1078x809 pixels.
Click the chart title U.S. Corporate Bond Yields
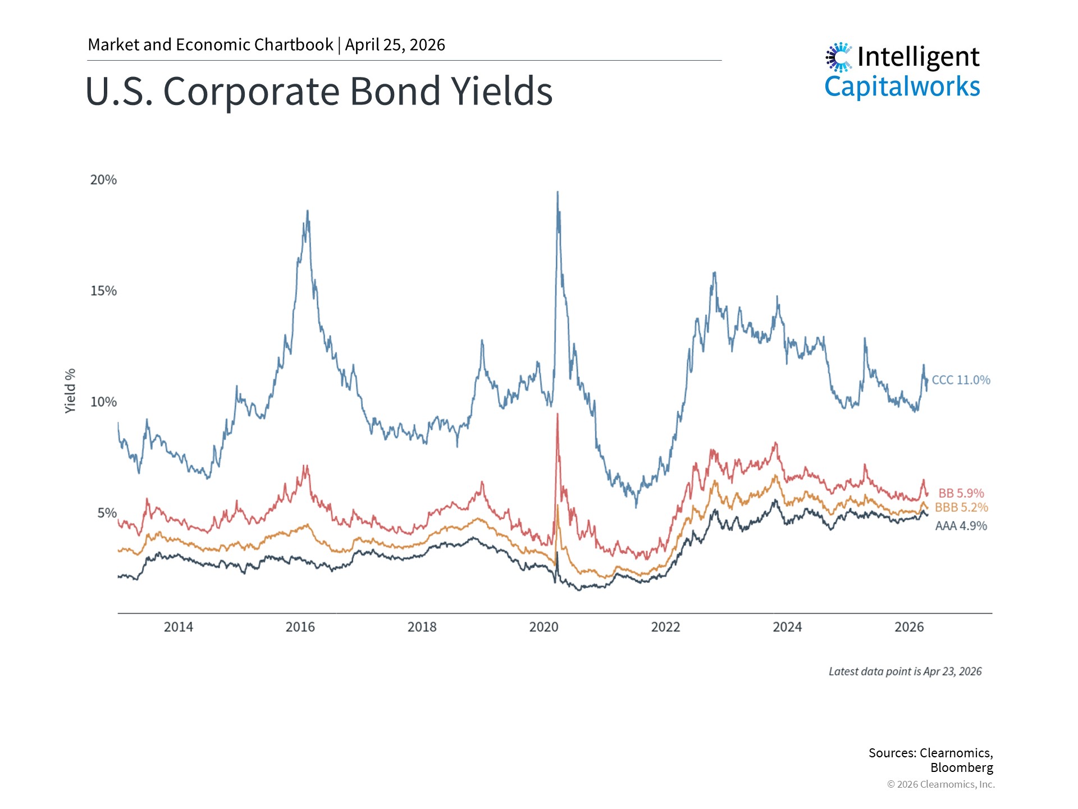click(x=319, y=91)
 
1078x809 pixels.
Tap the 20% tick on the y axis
click(x=103, y=180)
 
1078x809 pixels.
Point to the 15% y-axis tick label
click(x=103, y=291)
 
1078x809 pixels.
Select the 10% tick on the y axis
click(x=103, y=402)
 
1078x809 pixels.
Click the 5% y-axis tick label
click(x=107, y=513)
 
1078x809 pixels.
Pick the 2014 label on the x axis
click(x=178, y=627)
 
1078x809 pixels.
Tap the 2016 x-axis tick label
click(x=300, y=627)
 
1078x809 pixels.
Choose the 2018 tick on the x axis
click(x=422, y=627)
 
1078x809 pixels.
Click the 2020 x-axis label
click(x=543, y=627)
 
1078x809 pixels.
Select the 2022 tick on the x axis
click(x=665, y=627)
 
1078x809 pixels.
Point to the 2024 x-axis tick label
click(x=787, y=627)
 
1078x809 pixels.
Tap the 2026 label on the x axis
click(x=909, y=627)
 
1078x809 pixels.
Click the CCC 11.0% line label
click(x=961, y=380)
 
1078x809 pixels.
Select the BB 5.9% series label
click(x=961, y=493)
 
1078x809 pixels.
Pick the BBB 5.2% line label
click(x=961, y=507)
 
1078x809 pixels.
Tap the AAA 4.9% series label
click(x=961, y=526)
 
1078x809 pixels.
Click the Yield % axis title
click(x=70, y=391)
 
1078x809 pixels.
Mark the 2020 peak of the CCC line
click(x=558, y=193)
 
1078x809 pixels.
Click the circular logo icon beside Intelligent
click(x=839, y=57)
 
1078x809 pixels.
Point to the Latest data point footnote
click(x=905, y=671)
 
